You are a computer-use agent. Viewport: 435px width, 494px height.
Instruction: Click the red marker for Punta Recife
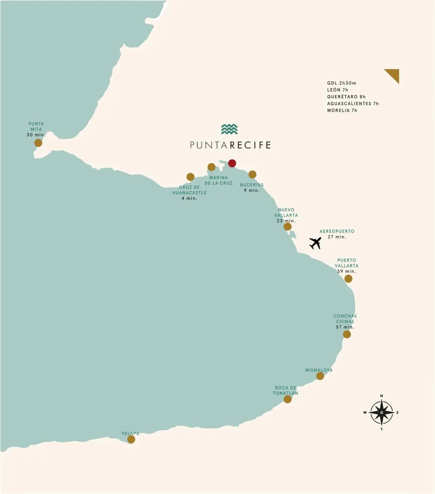click(232, 163)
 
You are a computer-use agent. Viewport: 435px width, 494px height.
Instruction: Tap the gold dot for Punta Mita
click(38, 143)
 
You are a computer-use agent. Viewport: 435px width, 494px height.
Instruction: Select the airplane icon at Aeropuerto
click(315, 243)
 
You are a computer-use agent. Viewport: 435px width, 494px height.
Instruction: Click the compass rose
click(381, 413)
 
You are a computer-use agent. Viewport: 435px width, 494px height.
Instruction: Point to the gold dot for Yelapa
click(131, 439)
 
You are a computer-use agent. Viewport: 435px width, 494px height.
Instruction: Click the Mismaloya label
click(319, 370)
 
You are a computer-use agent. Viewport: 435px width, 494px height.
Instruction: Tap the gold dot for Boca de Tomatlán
click(287, 399)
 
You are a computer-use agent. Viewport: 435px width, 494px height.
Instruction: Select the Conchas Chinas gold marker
click(347, 335)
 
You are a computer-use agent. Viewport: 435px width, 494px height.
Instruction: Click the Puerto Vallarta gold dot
click(348, 279)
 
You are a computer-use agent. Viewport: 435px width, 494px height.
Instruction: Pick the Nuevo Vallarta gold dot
click(287, 227)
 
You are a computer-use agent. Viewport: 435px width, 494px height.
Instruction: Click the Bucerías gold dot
click(252, 174)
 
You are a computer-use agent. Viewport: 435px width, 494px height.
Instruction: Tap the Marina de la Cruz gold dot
click(212, 167)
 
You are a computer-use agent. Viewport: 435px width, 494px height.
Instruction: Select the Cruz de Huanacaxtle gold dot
click(190, 177)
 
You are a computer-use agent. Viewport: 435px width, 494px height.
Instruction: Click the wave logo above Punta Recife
click(229, 129)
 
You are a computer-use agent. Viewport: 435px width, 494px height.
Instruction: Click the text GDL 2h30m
click(342, 83)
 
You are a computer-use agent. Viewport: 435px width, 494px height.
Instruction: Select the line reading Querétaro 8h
click(346, 97)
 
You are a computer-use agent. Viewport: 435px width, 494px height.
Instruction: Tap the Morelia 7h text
click(342, 110)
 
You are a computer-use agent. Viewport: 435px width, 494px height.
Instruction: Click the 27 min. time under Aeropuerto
click(337, 237)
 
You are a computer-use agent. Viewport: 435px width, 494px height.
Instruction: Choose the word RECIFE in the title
click(250, 145)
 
